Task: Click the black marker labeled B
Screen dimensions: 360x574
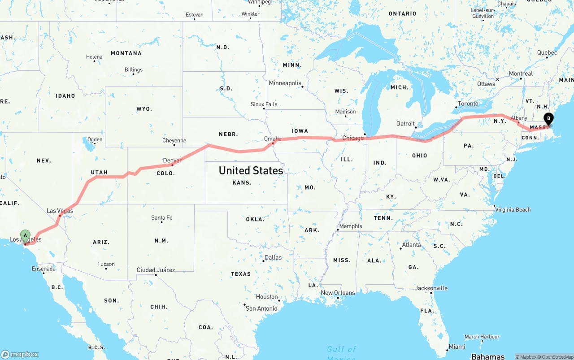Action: [x=548, y=119]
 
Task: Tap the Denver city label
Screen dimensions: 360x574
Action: [x=172, y=160]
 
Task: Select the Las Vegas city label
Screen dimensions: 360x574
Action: [x=60, y=210]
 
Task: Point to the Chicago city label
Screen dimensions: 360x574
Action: [x=353, y=138]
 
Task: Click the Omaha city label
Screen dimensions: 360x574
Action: [x=273, y=139]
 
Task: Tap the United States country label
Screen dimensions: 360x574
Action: [x=251, y=170]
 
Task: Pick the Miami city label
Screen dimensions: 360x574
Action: [x=457, y=347]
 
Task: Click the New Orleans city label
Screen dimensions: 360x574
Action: [x=338, y=293]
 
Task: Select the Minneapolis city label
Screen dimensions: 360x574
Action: [x=285, y=83]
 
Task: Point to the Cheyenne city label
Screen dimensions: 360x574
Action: [x=174, y=140]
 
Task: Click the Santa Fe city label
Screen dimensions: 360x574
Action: [x=161, y=217]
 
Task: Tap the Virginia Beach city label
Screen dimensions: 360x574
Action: [x=513, y=209]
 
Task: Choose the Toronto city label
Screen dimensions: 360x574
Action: [x=468, y=104]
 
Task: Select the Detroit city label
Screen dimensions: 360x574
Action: [x=405, y=124]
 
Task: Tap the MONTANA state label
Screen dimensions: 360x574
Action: [x=126, y=53]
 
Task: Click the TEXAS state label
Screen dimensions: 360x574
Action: [x=241, y=274]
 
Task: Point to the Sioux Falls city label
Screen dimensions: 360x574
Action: [x=264, y=104]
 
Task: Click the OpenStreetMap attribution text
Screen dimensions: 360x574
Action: [x=556, y=357]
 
